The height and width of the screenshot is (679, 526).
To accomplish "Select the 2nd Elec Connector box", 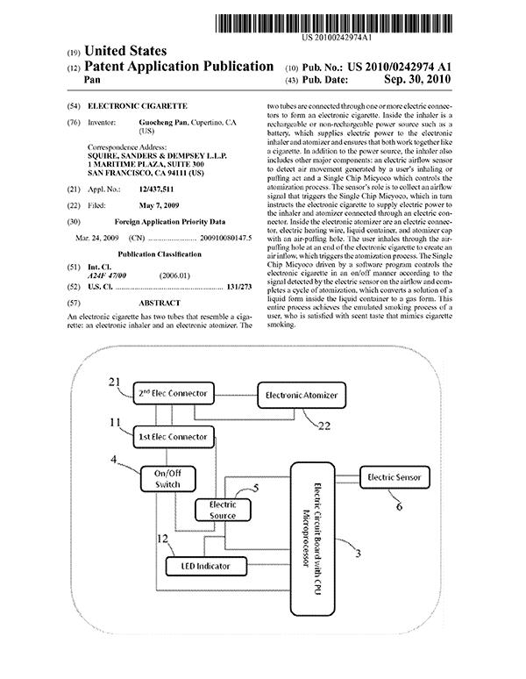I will pyautogui.click(x=174, y=390).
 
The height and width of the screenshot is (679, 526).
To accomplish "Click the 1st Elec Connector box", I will pyautogui.click(x=174, y=436).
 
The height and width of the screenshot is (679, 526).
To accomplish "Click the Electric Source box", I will pyautogui.click(x=223, y=510).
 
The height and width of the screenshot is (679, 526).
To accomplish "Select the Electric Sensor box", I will pyautogui.click(x=395, y=477).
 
